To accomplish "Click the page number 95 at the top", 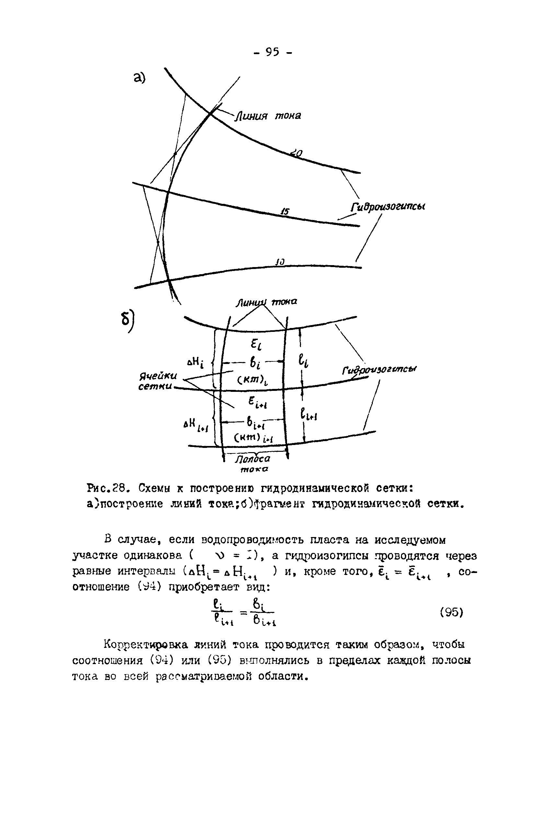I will point(272,53).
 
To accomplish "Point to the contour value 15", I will point(285,212).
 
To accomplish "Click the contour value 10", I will point(280,262).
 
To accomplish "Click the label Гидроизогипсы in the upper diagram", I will point(388,207).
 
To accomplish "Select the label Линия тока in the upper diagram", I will point(269,116).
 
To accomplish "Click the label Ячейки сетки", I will point(157,381).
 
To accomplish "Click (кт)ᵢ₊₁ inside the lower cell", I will point(254,438).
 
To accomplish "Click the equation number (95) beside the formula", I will point(452,613).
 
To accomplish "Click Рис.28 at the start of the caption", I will point(106,488).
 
